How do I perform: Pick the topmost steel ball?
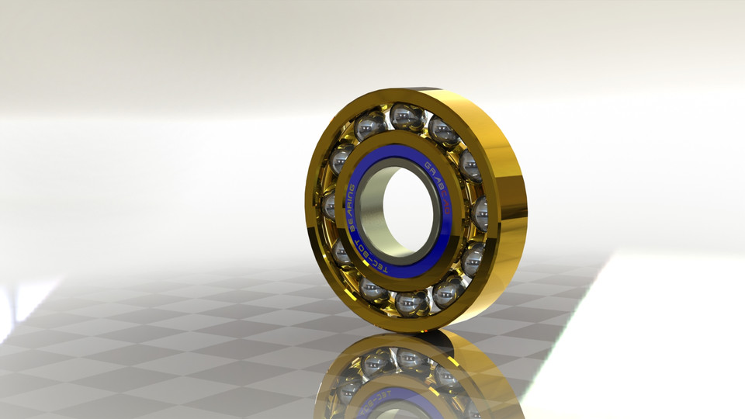click(407, 117)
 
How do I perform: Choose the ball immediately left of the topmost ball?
click(370, 125)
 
